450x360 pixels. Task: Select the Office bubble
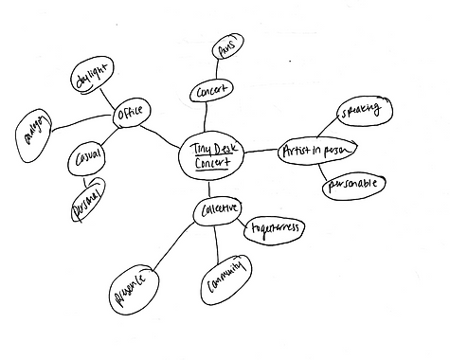click(x=130, y=115)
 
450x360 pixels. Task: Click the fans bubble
click(x=225, y=48)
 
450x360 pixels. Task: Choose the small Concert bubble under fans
click(x=208, y=91)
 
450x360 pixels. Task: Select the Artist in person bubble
click(x=316, y=152)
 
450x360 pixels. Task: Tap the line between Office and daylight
click(x=111, y=95)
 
